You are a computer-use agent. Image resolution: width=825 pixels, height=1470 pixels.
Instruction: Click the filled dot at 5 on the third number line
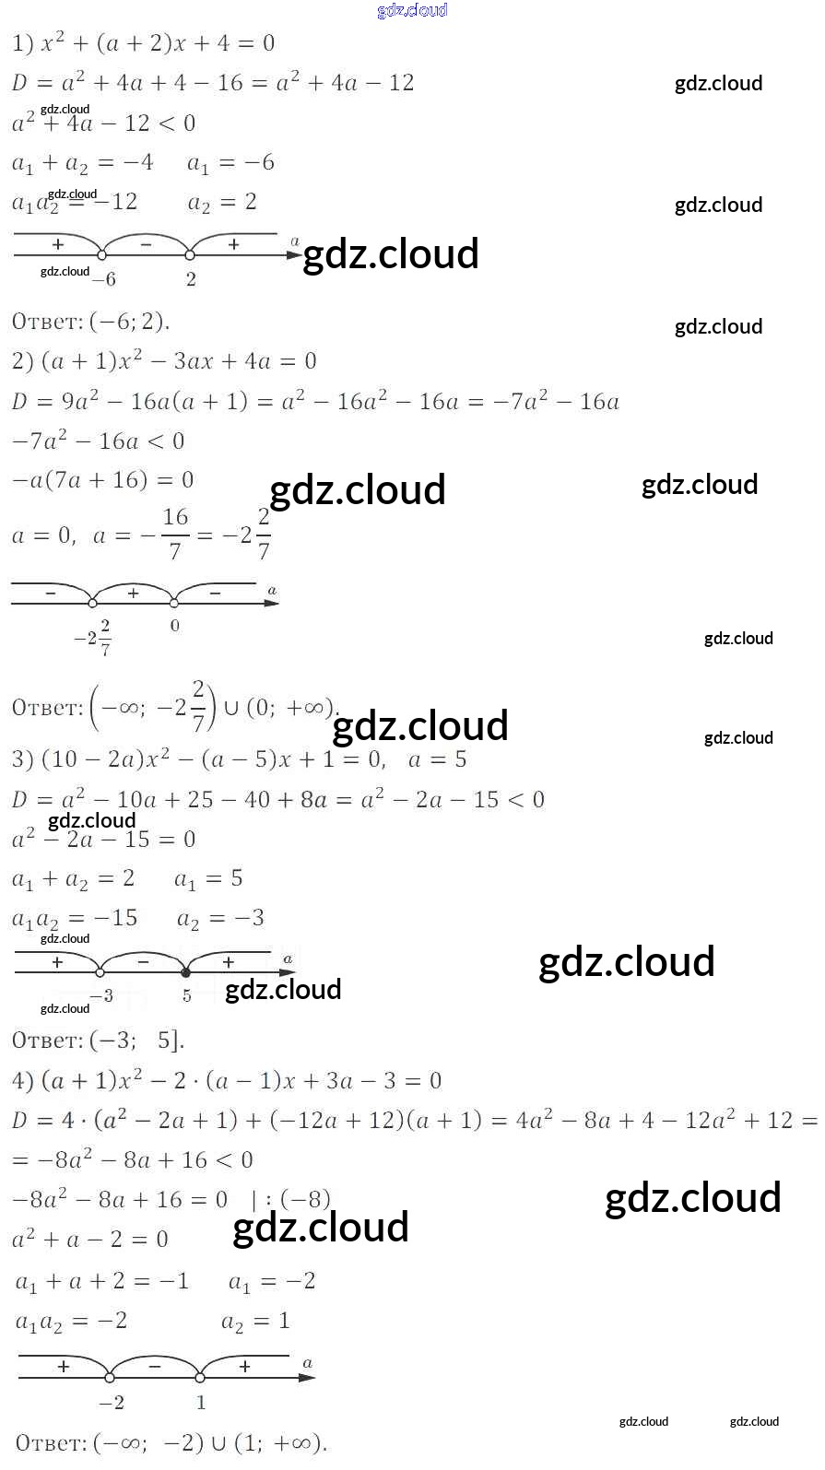point(186,972)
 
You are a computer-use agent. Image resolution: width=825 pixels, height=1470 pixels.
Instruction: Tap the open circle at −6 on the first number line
point(102,255)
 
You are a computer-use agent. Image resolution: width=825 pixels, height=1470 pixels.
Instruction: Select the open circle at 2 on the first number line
point(190,255)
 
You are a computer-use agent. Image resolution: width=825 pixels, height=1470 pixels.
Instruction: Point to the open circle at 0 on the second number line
point(175,604)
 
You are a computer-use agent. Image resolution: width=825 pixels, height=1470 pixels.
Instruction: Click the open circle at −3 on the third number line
point(100,972)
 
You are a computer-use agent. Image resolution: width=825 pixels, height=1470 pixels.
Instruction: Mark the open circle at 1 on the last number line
point(200,1378)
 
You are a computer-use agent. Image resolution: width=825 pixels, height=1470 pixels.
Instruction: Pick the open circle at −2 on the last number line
point(111,1378)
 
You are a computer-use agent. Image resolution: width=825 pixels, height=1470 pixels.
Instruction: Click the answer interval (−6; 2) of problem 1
point(130,322)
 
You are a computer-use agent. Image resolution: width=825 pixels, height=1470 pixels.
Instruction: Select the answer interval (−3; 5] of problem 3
point(137,1041)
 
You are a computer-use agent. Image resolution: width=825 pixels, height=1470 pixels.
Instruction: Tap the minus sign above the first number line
point(146,244)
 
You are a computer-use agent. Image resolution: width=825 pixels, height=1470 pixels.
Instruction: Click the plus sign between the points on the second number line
point(134,594)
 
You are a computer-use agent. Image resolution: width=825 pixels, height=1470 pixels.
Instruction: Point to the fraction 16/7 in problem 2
point(175,534)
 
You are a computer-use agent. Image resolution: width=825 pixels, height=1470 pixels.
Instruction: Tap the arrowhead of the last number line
point(309,1378)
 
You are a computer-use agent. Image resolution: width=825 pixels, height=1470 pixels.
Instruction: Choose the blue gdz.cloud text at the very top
point(412,10)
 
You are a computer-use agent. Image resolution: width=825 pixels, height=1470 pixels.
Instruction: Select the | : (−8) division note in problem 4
point(290,1199)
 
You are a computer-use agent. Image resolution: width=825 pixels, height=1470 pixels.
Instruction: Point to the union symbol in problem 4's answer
point(218,1442)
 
